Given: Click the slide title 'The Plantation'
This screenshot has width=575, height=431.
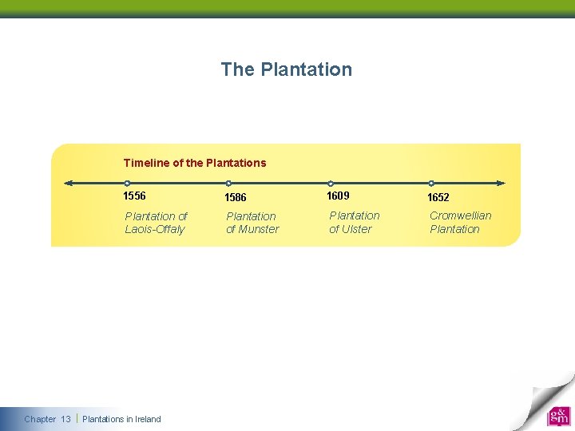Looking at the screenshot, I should point(286,69).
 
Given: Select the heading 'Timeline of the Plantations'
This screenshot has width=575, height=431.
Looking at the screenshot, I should point(195,163).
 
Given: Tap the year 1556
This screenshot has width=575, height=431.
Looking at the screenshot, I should point(135,196).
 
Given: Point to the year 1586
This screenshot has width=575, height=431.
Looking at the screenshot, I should point(236,197).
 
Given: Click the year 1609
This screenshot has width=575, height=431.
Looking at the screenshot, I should point(338,196).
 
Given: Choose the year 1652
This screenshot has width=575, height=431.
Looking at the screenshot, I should point(438,197).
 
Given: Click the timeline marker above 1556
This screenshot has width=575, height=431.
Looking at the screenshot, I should point(128,183).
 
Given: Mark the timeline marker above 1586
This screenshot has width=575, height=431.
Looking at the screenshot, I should point(228,183).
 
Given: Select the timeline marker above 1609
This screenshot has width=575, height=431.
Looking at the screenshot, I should point(331,183).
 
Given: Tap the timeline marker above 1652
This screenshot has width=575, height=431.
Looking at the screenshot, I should point(431,183).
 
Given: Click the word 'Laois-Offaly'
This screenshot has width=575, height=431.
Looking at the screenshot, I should point(155,230).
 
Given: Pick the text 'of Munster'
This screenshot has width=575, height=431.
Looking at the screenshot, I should point(252,230).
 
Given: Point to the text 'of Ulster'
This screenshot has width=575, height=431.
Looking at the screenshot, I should point(351,230).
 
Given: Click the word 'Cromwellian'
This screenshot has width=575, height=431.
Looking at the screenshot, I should point(461,215).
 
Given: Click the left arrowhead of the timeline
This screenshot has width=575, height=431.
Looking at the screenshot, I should point(69,183).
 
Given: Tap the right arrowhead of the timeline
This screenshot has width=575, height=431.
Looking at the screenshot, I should point(501,183).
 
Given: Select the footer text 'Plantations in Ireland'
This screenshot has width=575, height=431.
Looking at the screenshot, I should point(121,419).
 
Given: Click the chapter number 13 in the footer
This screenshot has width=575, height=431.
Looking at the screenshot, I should point(65,419).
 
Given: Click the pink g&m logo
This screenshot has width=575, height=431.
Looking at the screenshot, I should point(558,416).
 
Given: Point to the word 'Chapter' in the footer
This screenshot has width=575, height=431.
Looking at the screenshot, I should point(40,419).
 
